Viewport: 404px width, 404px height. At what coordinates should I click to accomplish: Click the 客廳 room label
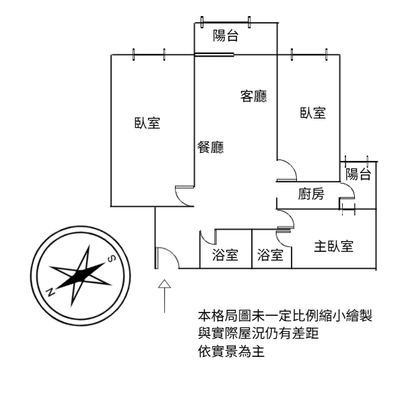coord(253,97)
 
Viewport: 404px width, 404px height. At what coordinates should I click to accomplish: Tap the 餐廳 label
coord(210,147)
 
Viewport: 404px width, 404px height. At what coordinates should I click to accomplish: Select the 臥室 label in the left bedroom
coord(147,123)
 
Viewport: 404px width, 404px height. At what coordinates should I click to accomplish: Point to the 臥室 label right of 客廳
coord(313,113)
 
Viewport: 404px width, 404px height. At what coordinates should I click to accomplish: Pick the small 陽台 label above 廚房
coord(358,174)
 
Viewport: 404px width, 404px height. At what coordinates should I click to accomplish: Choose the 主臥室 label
coord(334,246)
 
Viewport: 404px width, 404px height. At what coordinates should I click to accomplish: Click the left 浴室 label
coord(225,255)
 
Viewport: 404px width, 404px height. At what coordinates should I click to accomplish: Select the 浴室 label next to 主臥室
coord(270,255)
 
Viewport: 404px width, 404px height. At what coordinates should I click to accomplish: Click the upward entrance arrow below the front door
coord(163,296)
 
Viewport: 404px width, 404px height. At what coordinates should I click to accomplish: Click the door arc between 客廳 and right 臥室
coord(285,170)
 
